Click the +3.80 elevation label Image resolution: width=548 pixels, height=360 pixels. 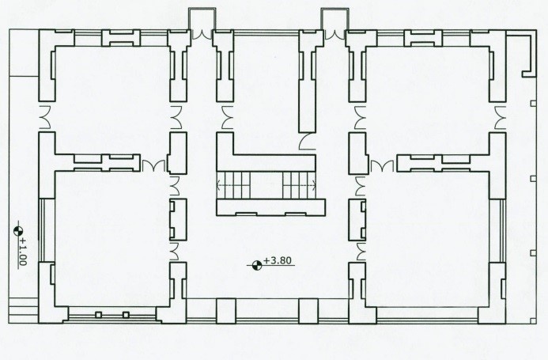278,261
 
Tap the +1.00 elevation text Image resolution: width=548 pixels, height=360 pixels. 23,251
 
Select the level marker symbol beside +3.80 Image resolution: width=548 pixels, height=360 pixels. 257,265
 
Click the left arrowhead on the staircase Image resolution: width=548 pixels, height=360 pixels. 220,184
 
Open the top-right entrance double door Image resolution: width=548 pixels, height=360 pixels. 334,34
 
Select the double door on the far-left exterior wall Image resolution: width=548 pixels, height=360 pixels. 45,117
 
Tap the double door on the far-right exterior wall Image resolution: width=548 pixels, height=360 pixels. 500,118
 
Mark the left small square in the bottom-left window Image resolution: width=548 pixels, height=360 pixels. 99,315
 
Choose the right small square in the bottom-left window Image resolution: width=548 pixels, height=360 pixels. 126,315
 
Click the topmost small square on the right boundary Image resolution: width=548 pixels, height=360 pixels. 533,103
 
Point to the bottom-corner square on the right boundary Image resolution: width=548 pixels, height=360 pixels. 533,320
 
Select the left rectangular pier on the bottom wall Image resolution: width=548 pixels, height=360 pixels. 226,311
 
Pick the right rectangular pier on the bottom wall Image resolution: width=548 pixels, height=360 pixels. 308,311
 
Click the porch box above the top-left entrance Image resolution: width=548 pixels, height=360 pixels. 202,19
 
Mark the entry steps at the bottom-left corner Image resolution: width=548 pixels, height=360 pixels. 24,311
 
